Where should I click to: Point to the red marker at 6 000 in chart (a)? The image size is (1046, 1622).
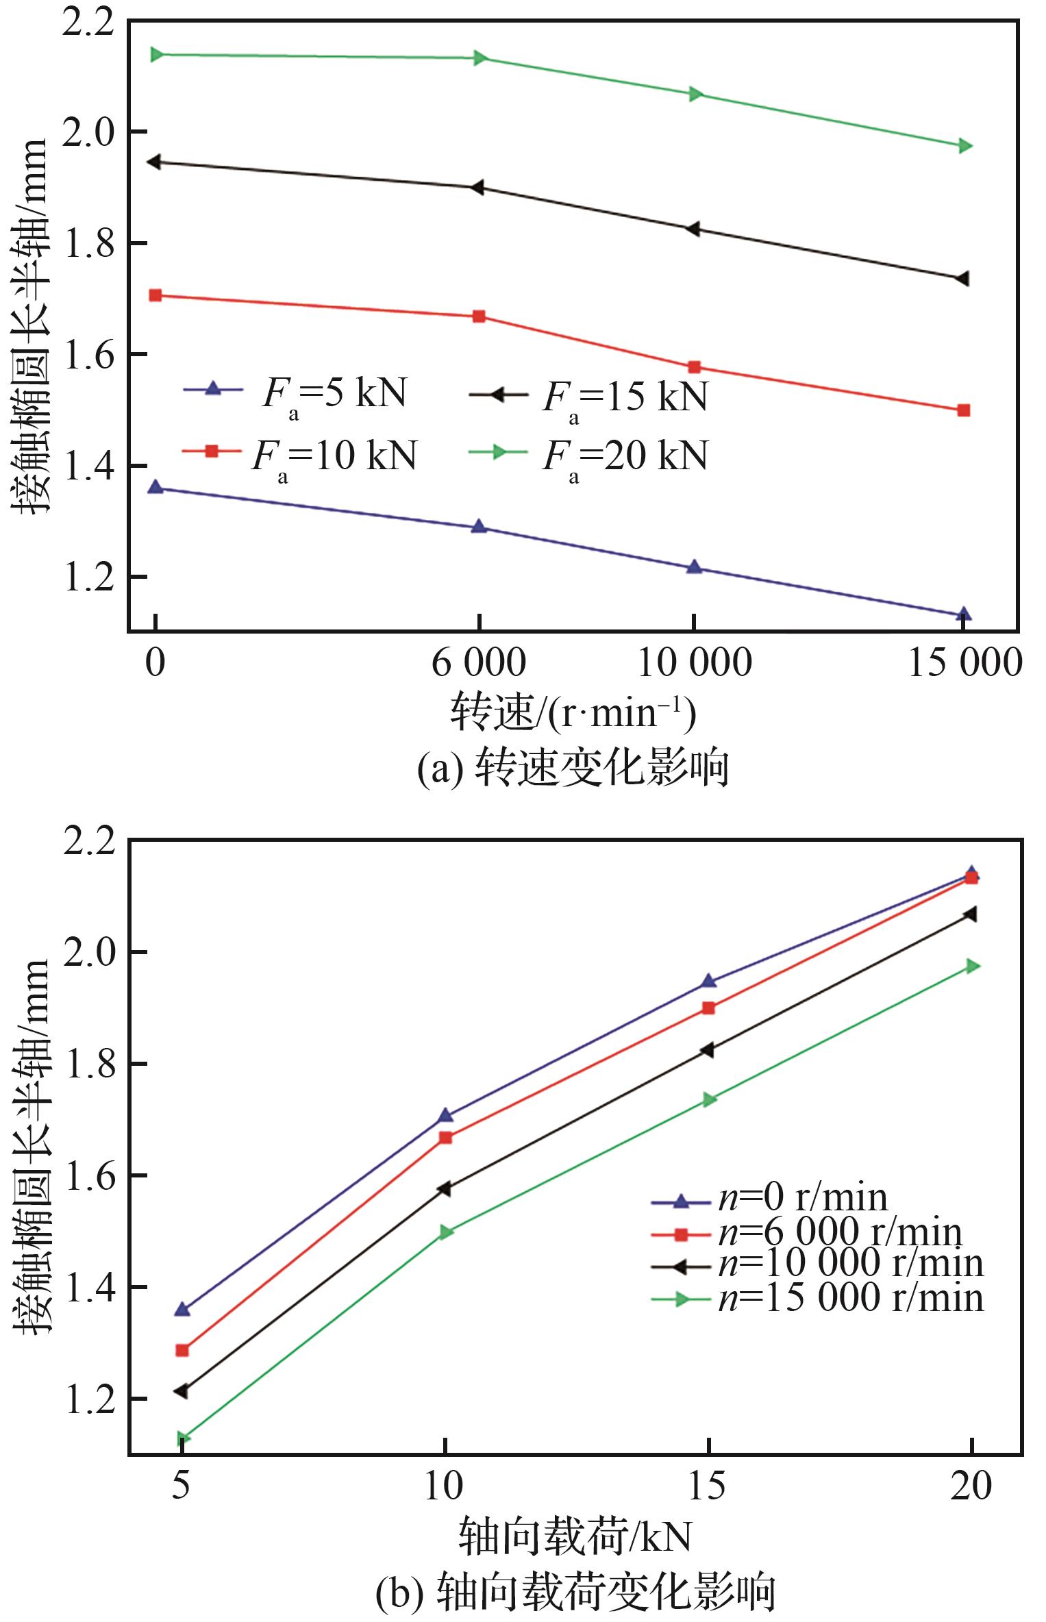click(479, 316)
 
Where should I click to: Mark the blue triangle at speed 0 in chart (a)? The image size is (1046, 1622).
click(155, 488)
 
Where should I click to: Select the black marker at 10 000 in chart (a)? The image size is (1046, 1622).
click(693, 229)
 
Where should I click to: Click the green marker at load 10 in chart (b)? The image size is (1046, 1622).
click(446, 1232)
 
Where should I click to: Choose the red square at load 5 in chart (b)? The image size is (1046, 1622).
click(182, 1351)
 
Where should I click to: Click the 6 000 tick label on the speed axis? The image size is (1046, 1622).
click(478, 663)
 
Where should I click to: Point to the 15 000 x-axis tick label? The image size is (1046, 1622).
click(964, 663)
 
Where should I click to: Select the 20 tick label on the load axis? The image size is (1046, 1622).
click(971, 1487)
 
